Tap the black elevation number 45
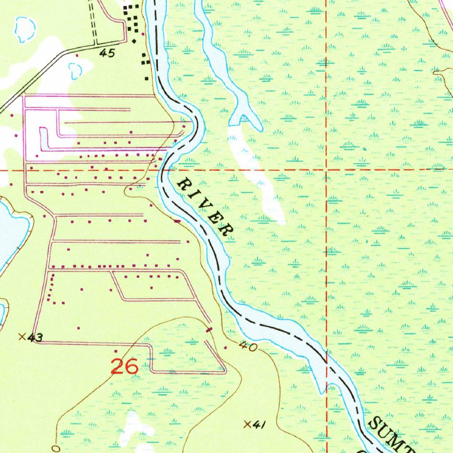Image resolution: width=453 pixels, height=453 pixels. coord(107,53)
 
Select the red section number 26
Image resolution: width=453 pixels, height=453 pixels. coord(124,366)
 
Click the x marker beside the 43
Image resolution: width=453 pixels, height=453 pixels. coord(22,337)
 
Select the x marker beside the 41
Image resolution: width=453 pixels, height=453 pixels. coord(248,424)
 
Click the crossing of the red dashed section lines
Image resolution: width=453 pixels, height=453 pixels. coord(326,169)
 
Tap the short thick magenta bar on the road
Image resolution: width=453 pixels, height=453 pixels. coord(209,329)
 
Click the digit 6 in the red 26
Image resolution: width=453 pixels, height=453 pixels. coord(131,366)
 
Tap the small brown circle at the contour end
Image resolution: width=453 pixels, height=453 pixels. coord(55,448)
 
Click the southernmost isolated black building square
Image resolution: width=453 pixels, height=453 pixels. coord(146,78)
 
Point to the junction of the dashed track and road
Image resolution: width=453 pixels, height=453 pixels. coord(94,45)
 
